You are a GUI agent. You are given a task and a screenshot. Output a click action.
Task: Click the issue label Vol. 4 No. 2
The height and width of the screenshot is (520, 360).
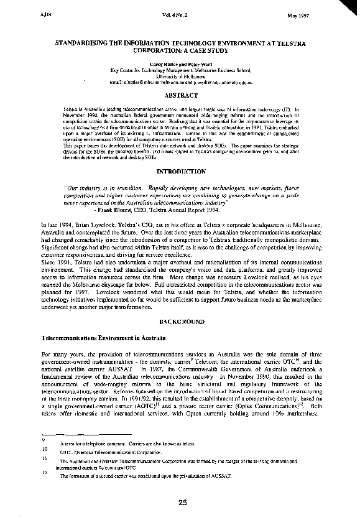180,13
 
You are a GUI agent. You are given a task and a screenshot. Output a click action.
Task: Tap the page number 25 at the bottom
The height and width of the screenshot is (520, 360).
182,503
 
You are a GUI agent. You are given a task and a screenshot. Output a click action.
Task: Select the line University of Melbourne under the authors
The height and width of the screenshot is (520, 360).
180,76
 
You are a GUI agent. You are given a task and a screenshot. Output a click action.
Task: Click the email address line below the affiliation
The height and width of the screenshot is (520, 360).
180,82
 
